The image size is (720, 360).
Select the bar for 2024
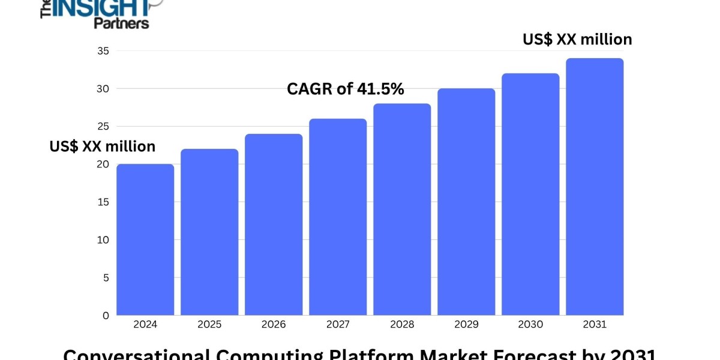pos(145,240)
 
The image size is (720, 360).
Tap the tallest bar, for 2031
pos(595,187)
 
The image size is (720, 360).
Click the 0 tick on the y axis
pos(105,315)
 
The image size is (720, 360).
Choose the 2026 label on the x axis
pos(274,325)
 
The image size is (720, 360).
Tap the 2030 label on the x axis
pos(530,325)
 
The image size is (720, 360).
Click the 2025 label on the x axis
pos(209,325)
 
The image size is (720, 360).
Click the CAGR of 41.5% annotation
pos(345,89)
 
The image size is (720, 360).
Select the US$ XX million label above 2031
pos(577,40)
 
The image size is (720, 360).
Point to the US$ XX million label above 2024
pos(102,146)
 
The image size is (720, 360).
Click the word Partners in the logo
pos(121,23)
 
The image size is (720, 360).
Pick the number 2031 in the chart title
pos(632,354)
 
